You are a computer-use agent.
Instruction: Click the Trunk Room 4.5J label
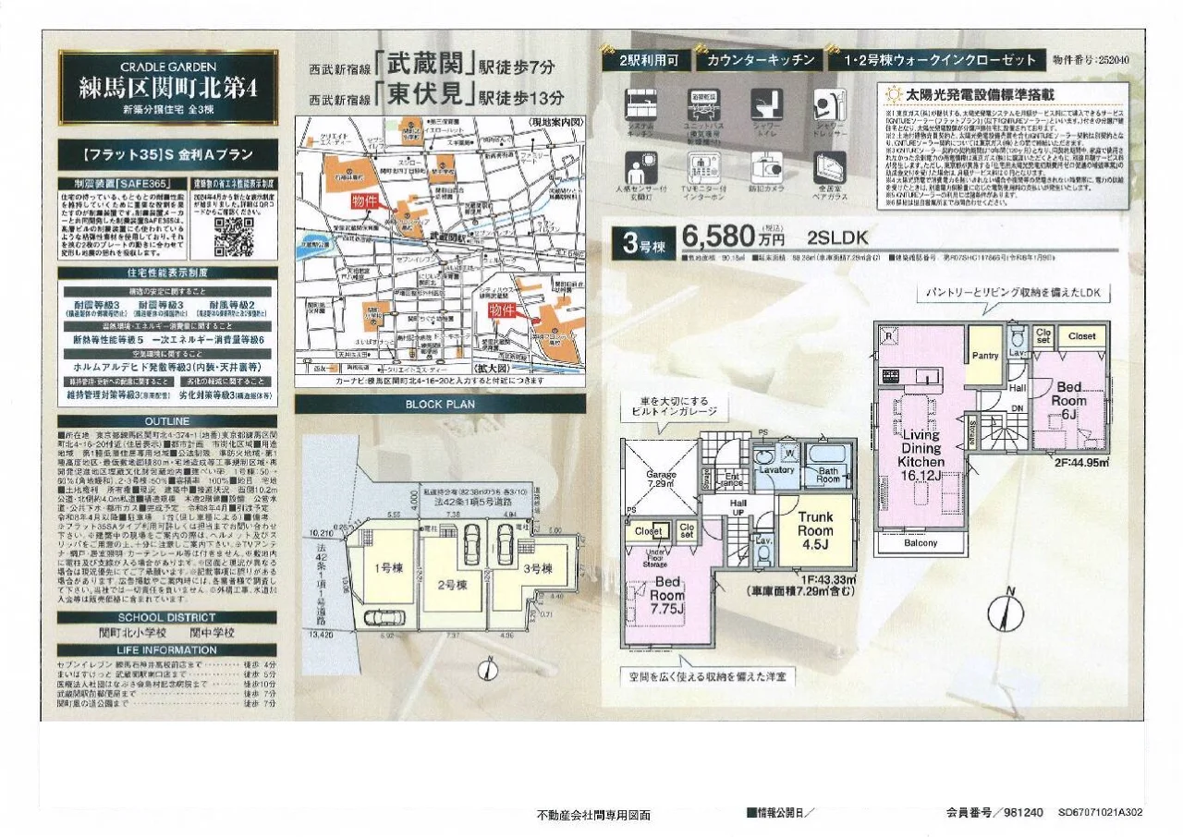(815, 530)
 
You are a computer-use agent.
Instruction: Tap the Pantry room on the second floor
(985, 356)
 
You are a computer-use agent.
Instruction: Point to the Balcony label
(920, 543)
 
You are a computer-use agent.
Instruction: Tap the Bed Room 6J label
(1068, 401)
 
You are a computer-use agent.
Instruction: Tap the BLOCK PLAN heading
(440, 404)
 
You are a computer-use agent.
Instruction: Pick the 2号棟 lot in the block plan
(453, 584)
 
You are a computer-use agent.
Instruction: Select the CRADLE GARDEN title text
(168, 67)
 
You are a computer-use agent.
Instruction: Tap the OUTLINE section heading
(167, 422)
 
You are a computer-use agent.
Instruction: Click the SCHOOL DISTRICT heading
(167, 617)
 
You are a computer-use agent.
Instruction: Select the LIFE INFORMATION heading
(167, 649)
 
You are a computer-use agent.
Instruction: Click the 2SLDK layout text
(834, 237)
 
